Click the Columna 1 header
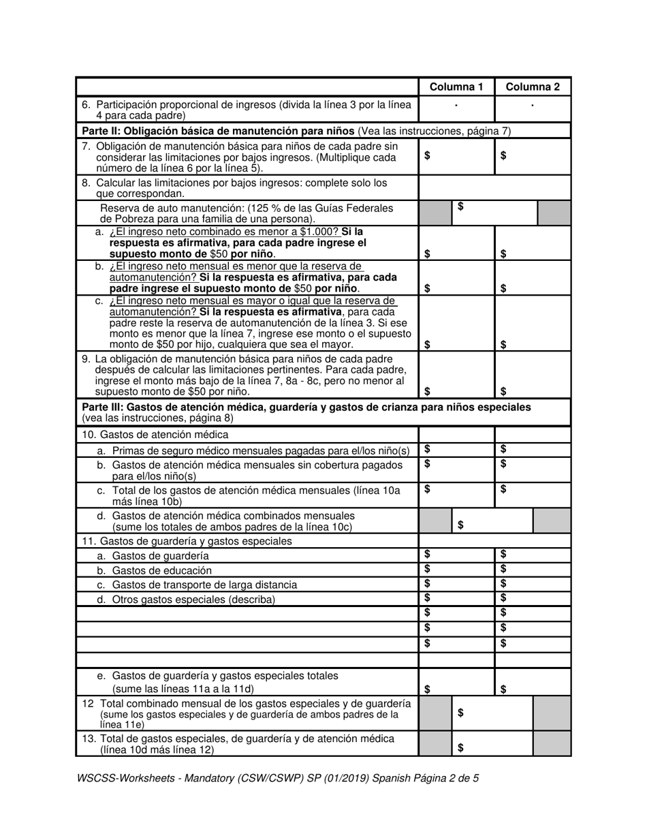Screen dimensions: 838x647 (x=456, y=87)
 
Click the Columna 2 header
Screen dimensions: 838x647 (x=533, y=87)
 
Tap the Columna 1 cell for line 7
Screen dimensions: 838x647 (x=456, y=155)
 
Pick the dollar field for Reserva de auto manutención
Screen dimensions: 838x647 (x=494, y=213)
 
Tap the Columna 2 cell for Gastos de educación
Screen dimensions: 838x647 (x=533, y=570)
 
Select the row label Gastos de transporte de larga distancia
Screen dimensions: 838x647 (x=204, y=585)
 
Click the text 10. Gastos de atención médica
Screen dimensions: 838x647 (x=155, y=435)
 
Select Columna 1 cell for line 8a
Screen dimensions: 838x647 (x=456, y=243)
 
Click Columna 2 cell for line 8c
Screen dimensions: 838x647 (x=533, y=323)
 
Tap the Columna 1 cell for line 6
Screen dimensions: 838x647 (x=456, y=109)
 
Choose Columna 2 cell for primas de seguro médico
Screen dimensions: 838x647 (x=533, y=450)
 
